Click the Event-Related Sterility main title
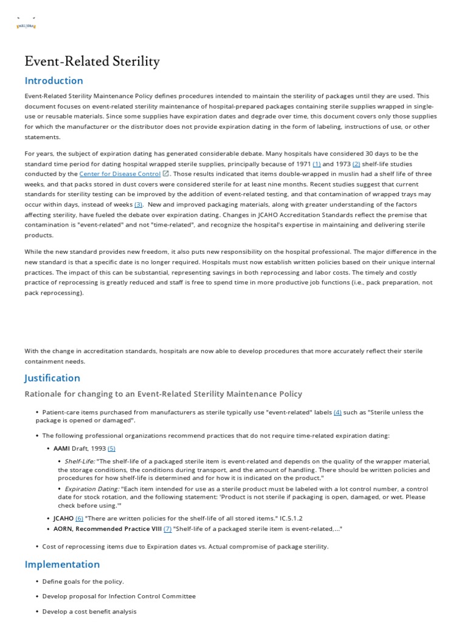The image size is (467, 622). pos(92,61)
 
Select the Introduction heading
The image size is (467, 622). pos(54,81)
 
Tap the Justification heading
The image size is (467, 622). pos(52,378)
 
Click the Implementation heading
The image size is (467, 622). pos(62,564)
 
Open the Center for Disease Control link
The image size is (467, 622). pos(120,174)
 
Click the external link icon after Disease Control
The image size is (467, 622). pos(166,174)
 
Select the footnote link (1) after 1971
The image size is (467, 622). pos(316,164)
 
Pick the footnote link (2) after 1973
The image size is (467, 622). pos(356,164)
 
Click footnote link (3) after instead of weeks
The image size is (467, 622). pos(138,205)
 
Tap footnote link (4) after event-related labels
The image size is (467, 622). pos(337,412)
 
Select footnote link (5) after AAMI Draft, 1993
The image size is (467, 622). pos(111,448)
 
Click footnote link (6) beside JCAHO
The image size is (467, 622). pos(79,518)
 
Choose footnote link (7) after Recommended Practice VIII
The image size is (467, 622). pos(167,528)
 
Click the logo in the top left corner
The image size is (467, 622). pos(26,26)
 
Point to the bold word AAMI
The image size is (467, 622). pos(61,448)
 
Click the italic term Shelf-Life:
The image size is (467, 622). pos(79,461)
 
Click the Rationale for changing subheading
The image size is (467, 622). pos(163,394)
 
